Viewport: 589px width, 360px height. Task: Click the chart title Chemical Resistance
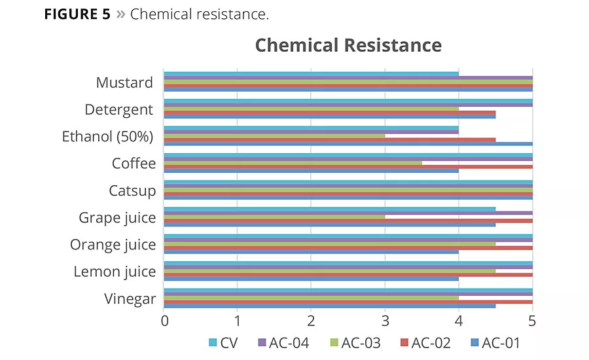pos(348,45)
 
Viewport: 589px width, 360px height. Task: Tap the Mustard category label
pos(124,82)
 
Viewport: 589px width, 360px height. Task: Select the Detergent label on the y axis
pos(118,109)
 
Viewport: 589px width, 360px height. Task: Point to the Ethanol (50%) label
pos(108,137)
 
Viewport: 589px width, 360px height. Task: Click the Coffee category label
pos(134,164)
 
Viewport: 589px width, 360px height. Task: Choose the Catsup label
pos(132,190)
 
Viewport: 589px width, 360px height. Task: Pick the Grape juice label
pos(117,217)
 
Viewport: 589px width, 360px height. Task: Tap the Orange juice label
pos(113,245)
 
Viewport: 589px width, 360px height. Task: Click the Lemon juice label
pos(115,272)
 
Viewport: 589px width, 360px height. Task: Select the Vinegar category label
pos(130,299)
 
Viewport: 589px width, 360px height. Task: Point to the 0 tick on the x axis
pos(164,321)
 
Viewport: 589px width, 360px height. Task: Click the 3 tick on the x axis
pos(385,321)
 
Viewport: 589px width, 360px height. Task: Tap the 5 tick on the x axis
pos(532,321)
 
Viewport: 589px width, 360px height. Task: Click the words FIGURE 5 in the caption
pos(77,14)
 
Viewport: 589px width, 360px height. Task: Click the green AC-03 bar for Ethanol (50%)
pos(274,135)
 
